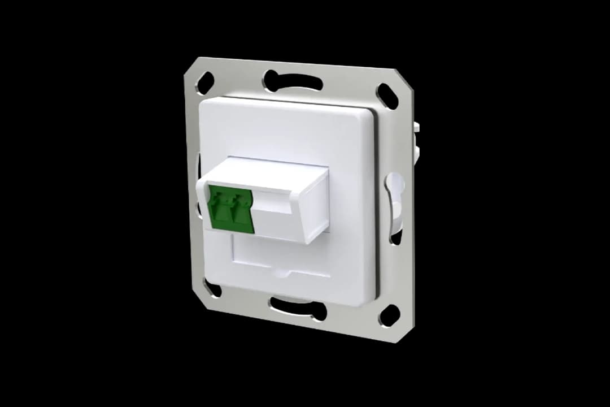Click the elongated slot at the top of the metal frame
(x=293, y=81)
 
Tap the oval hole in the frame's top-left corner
(x=204, y=83)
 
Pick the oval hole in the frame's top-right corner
(x=387, y=96)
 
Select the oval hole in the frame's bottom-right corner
(x=389, y=315)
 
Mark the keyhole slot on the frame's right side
(x=395, y=192)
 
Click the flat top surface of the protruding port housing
(x=271, y=170)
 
